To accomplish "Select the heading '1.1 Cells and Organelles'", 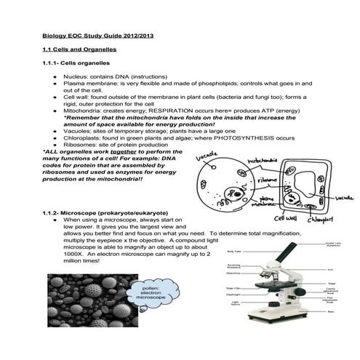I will click(81, 49).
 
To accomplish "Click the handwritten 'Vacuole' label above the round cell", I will click(207, 155).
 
